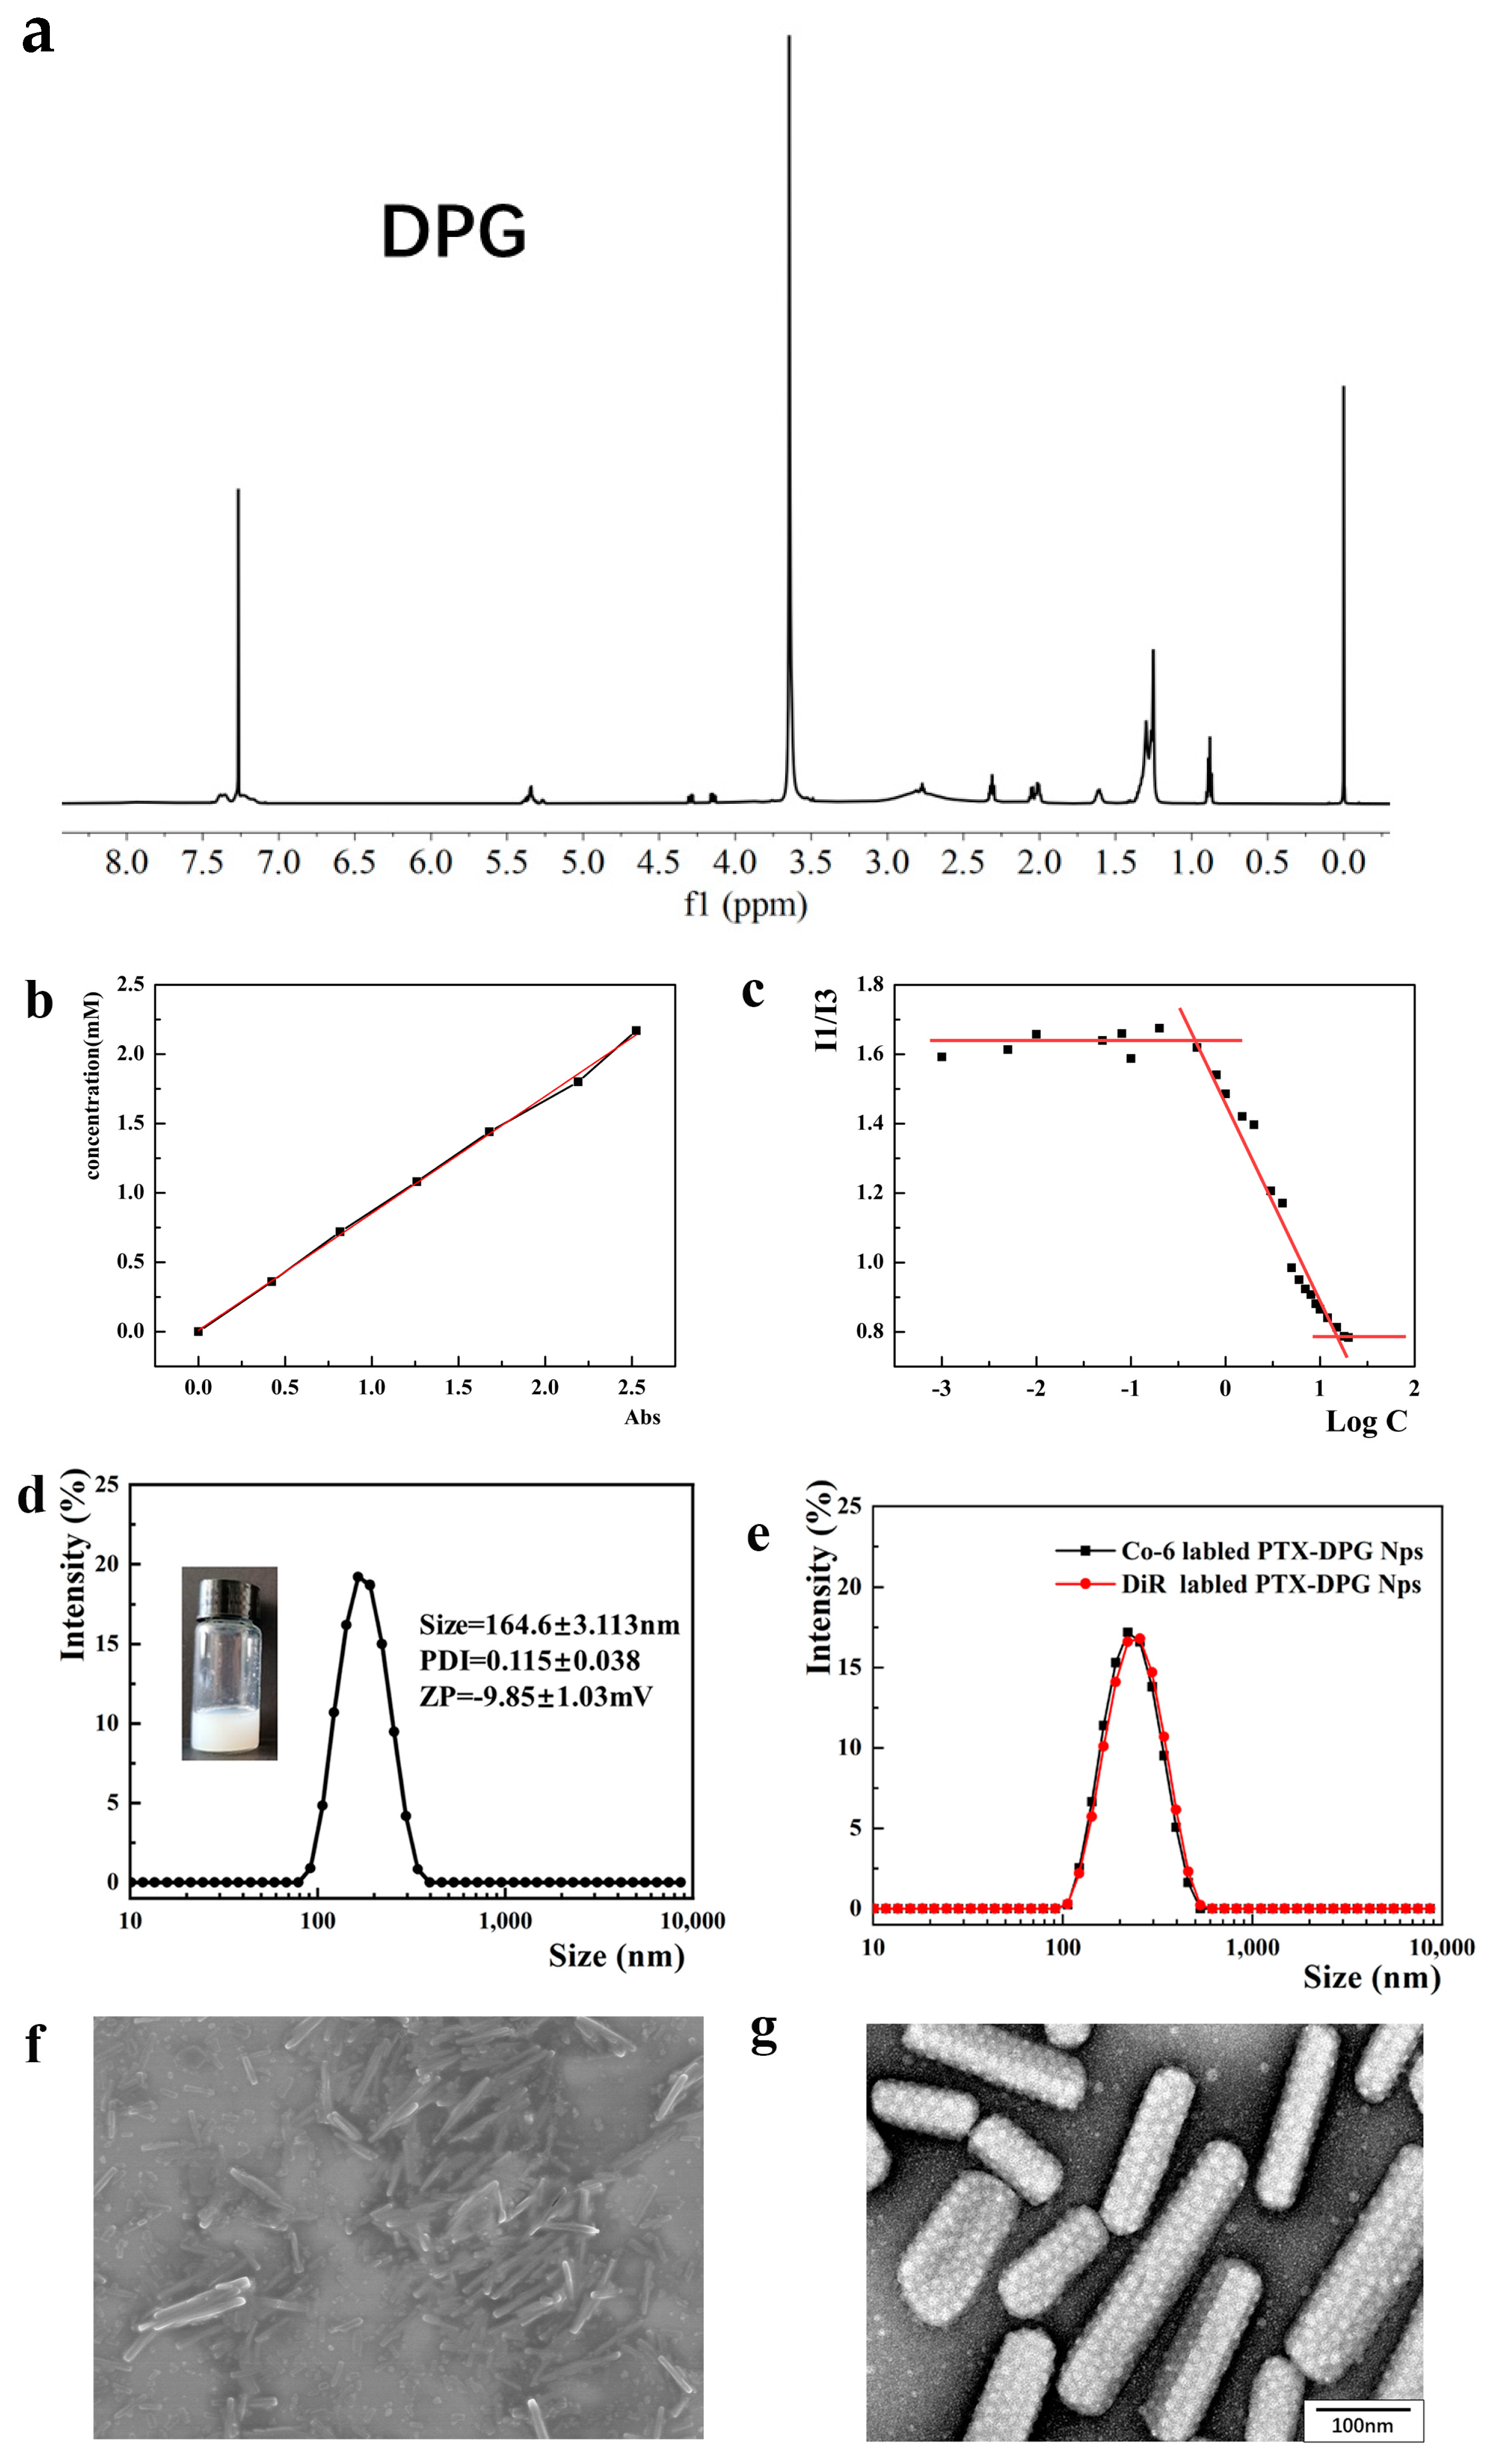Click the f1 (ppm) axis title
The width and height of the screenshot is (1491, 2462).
click(745, 905)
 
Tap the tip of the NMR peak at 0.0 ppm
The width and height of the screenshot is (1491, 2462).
click(1343, 389)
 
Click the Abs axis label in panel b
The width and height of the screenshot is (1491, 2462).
click(642, 1417)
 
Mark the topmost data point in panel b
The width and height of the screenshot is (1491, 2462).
click(636, 1030)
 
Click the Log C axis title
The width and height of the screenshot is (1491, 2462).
click(1365, 1422)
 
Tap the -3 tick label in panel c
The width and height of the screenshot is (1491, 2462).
click(941, 1389)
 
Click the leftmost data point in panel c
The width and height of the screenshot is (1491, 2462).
click(941, 1056)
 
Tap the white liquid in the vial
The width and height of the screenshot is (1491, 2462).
click(229, 1732)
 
